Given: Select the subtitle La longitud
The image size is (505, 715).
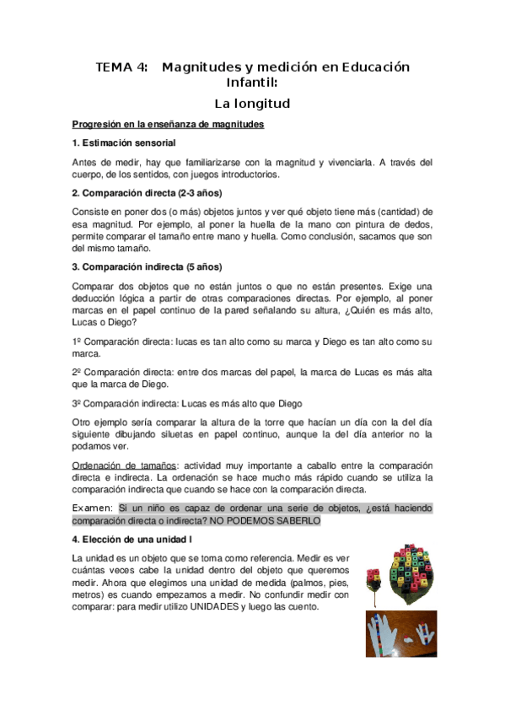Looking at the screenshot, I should (252, 104).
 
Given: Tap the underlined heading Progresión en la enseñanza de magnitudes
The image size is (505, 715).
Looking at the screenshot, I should (169, 125).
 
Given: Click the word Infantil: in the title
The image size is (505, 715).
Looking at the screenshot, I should (252, 83).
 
